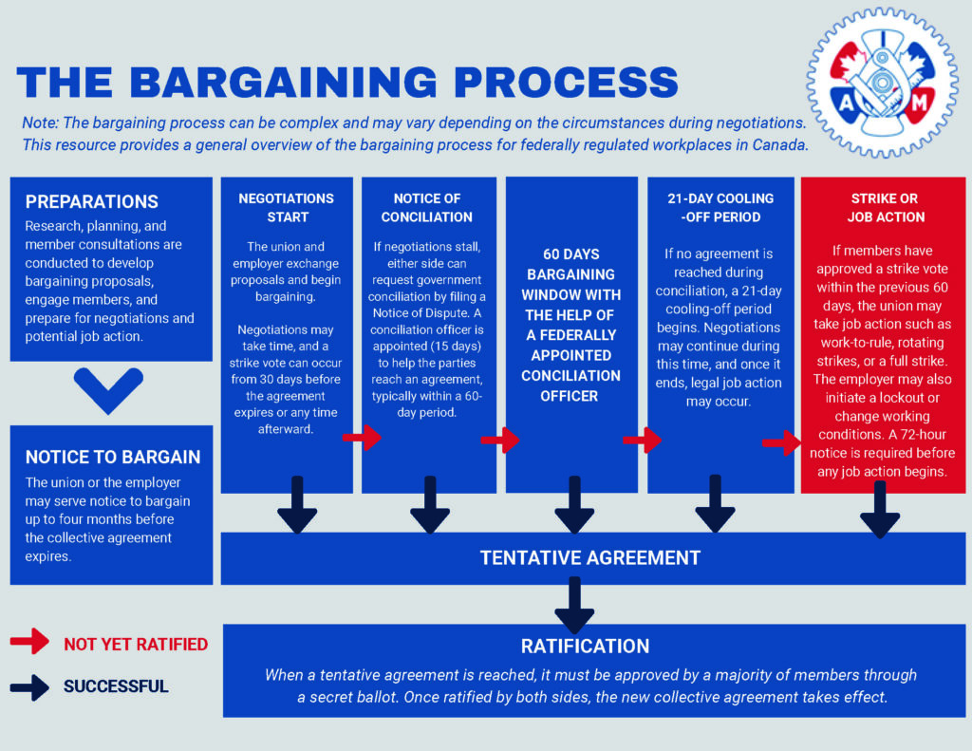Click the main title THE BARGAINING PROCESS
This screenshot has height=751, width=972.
click(347, 82)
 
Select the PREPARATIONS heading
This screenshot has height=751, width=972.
click(92, 201)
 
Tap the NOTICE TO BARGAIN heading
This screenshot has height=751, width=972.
click(113, 456)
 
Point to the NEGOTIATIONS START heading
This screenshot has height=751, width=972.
click(286, 207)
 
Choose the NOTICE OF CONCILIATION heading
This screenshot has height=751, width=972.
click(427, 207)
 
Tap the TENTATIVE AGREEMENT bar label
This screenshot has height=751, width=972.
click(589, 557)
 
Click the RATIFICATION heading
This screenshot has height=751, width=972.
click(585, 646)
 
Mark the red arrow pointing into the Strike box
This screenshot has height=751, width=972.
click(781, 442)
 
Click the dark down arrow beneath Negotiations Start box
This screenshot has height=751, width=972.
click(297, 505)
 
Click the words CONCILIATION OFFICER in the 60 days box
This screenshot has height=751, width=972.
click(570, 385)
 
